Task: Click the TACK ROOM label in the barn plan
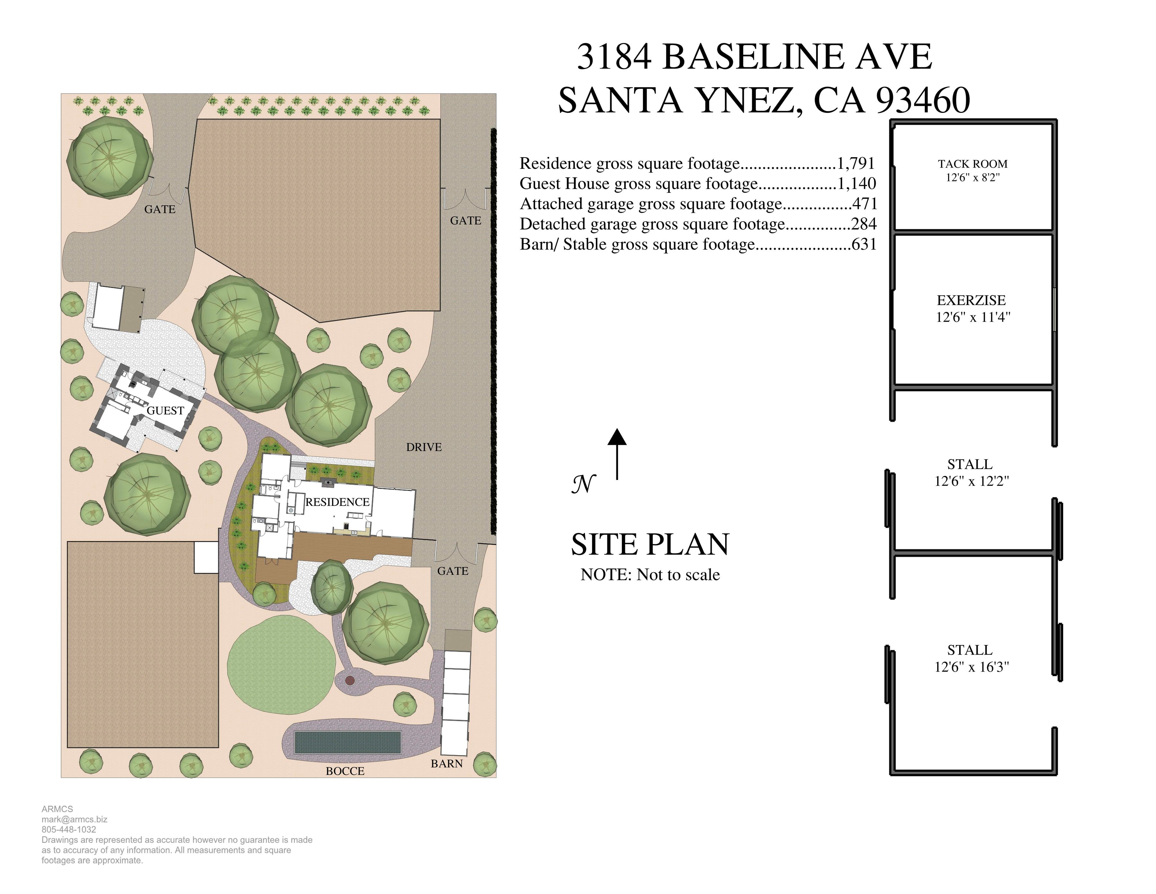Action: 972,164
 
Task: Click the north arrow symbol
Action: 617,454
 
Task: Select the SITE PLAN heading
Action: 650,545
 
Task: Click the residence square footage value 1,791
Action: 856,164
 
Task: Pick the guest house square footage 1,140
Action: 857,184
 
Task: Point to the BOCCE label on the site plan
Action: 345,771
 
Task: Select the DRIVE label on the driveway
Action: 424,447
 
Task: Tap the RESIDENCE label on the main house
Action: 338,501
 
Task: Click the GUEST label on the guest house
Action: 165,411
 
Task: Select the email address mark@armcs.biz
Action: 75,819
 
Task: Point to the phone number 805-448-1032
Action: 69,829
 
